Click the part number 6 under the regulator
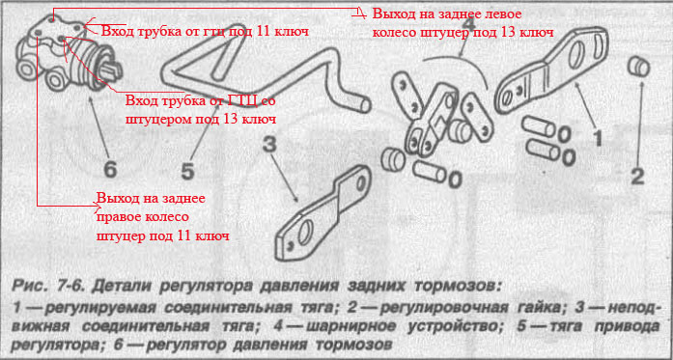tap(110, 170)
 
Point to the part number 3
tap(270, 145)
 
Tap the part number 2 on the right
tap(638, 176)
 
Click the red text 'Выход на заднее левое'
tap(446, 14)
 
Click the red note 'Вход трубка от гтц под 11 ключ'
tap(205, 31)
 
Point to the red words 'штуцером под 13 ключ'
tap(201, 119)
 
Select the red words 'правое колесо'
tap(143, 217)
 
